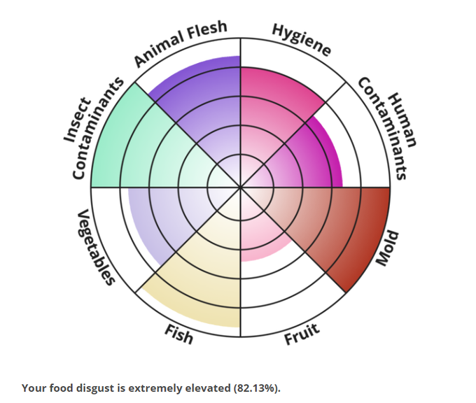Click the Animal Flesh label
coord(181,44)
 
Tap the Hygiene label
coord(300,41)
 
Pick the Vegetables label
coord(94,247)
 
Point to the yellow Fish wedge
coord(203,280)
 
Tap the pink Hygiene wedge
coord(276,98)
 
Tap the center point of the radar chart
coord(241,188)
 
